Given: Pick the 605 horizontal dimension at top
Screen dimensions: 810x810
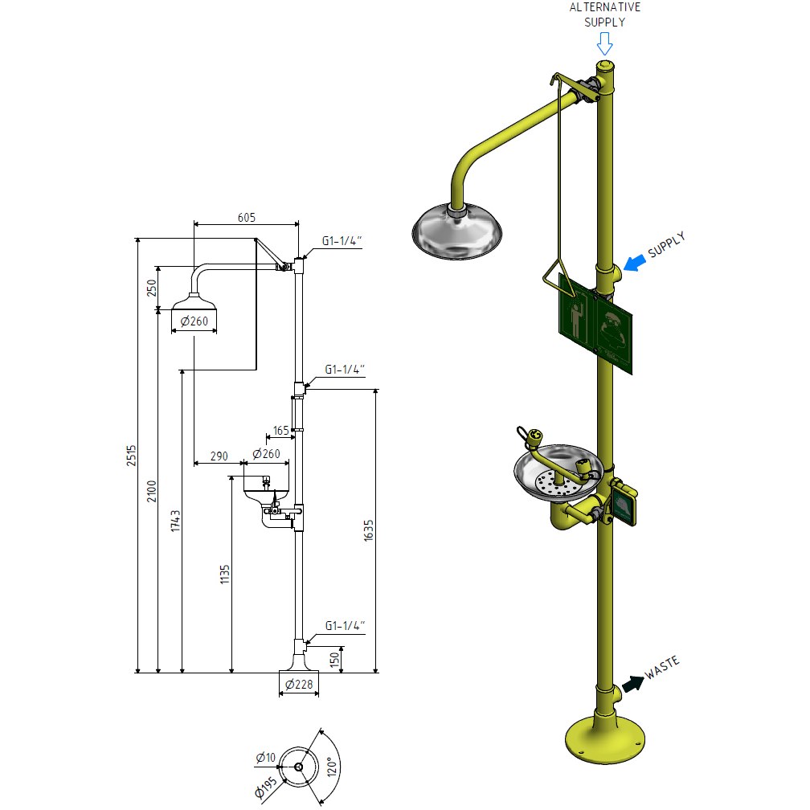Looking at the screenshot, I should (x=247, y=217).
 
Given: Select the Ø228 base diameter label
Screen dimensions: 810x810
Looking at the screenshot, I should (x=299, y=685).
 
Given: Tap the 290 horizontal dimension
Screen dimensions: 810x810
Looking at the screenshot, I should (x=219, y=455).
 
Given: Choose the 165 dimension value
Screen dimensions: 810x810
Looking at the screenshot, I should (x=280, y=431).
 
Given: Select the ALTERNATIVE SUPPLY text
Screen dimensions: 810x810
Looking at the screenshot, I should (x=605, y=14).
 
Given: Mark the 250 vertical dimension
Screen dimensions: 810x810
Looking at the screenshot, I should (x=152, y=288).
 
